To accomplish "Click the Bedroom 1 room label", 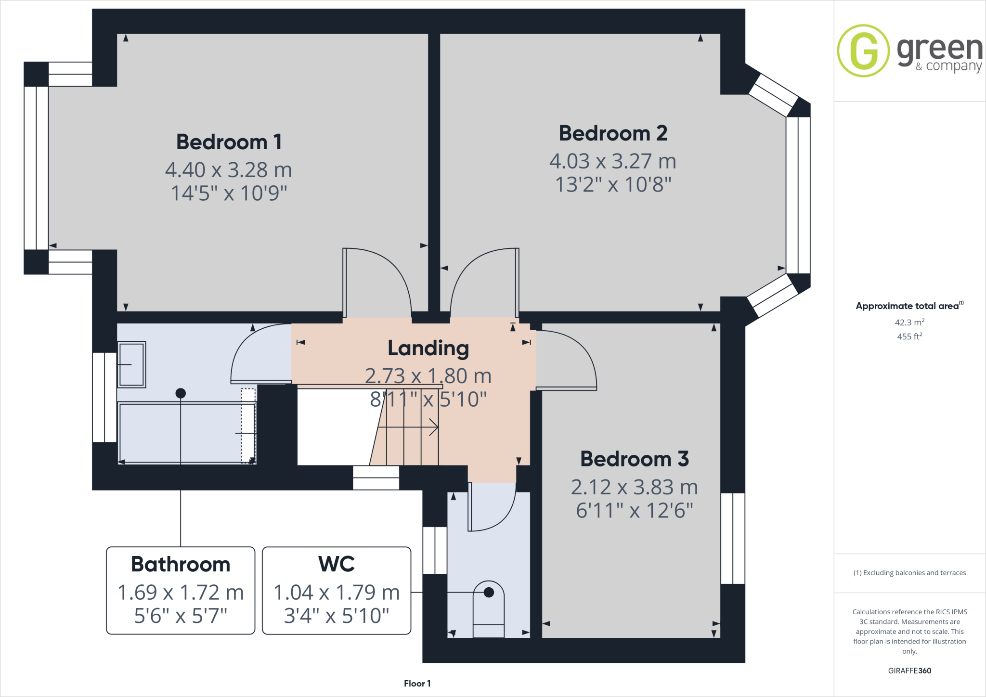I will [x=229, y=142].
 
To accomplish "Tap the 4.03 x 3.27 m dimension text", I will [x=612, y=161].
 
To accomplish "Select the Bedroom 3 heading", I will [x=634, y=459].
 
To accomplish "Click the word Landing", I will [x=428, y=348].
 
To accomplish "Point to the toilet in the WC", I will [x=489, y=609].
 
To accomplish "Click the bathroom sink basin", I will [x=131, y=364].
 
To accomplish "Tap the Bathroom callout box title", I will [x=181, y=564].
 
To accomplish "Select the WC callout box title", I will [x=337, y=564].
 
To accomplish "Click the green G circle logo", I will [x=863, y=51].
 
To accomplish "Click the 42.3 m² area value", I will [x=909, y=323].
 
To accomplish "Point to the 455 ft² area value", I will [x=909, y=336].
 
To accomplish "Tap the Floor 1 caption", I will [x=417, y=684].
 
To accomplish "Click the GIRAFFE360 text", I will [x=909, y=671].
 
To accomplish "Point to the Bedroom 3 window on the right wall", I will [x=732, y=538].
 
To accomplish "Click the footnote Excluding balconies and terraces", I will [x=909, y=573].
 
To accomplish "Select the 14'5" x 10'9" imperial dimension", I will [x=229, y=194].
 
